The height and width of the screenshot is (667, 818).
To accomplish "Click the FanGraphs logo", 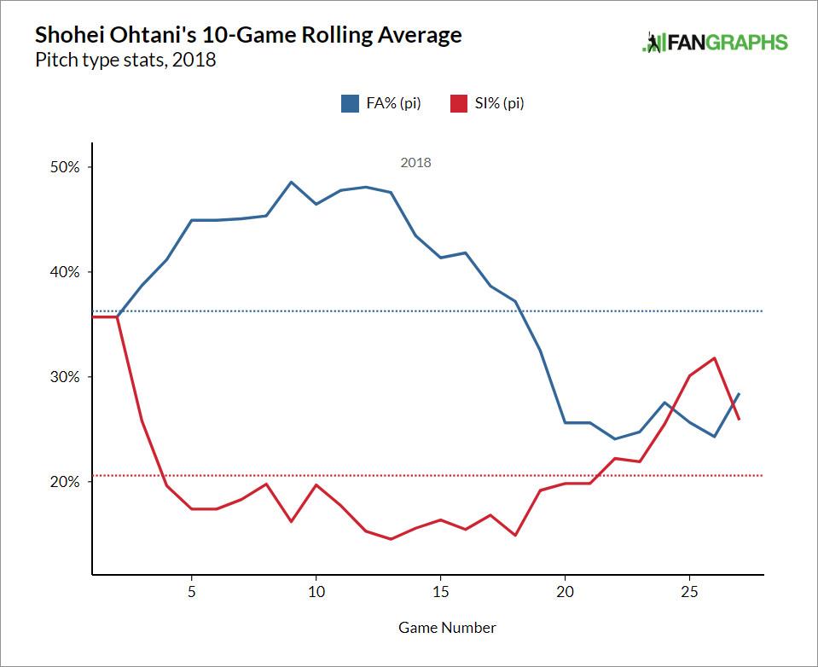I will coord(716,43).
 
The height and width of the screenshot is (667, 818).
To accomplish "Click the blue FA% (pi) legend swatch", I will coord(350,103).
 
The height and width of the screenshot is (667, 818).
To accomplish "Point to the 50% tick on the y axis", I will coord(62,167).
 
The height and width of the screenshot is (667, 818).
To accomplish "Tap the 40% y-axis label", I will coord(62,272).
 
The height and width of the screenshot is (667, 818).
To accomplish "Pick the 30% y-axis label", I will coord(62,377).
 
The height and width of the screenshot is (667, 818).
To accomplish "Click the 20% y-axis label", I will coord(62,482).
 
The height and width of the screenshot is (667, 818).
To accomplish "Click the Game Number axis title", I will coord(447,628).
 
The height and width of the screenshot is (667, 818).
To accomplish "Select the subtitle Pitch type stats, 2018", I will coord(125,61).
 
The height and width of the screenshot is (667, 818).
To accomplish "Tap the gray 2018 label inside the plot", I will coord(415,162).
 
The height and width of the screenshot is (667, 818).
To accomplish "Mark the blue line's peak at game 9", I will coord(291,182).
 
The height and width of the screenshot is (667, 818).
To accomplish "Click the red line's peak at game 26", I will coord(714,358).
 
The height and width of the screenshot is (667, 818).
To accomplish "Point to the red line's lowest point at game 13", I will coord(391,539).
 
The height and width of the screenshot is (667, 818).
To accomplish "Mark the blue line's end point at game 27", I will coord(739,393).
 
